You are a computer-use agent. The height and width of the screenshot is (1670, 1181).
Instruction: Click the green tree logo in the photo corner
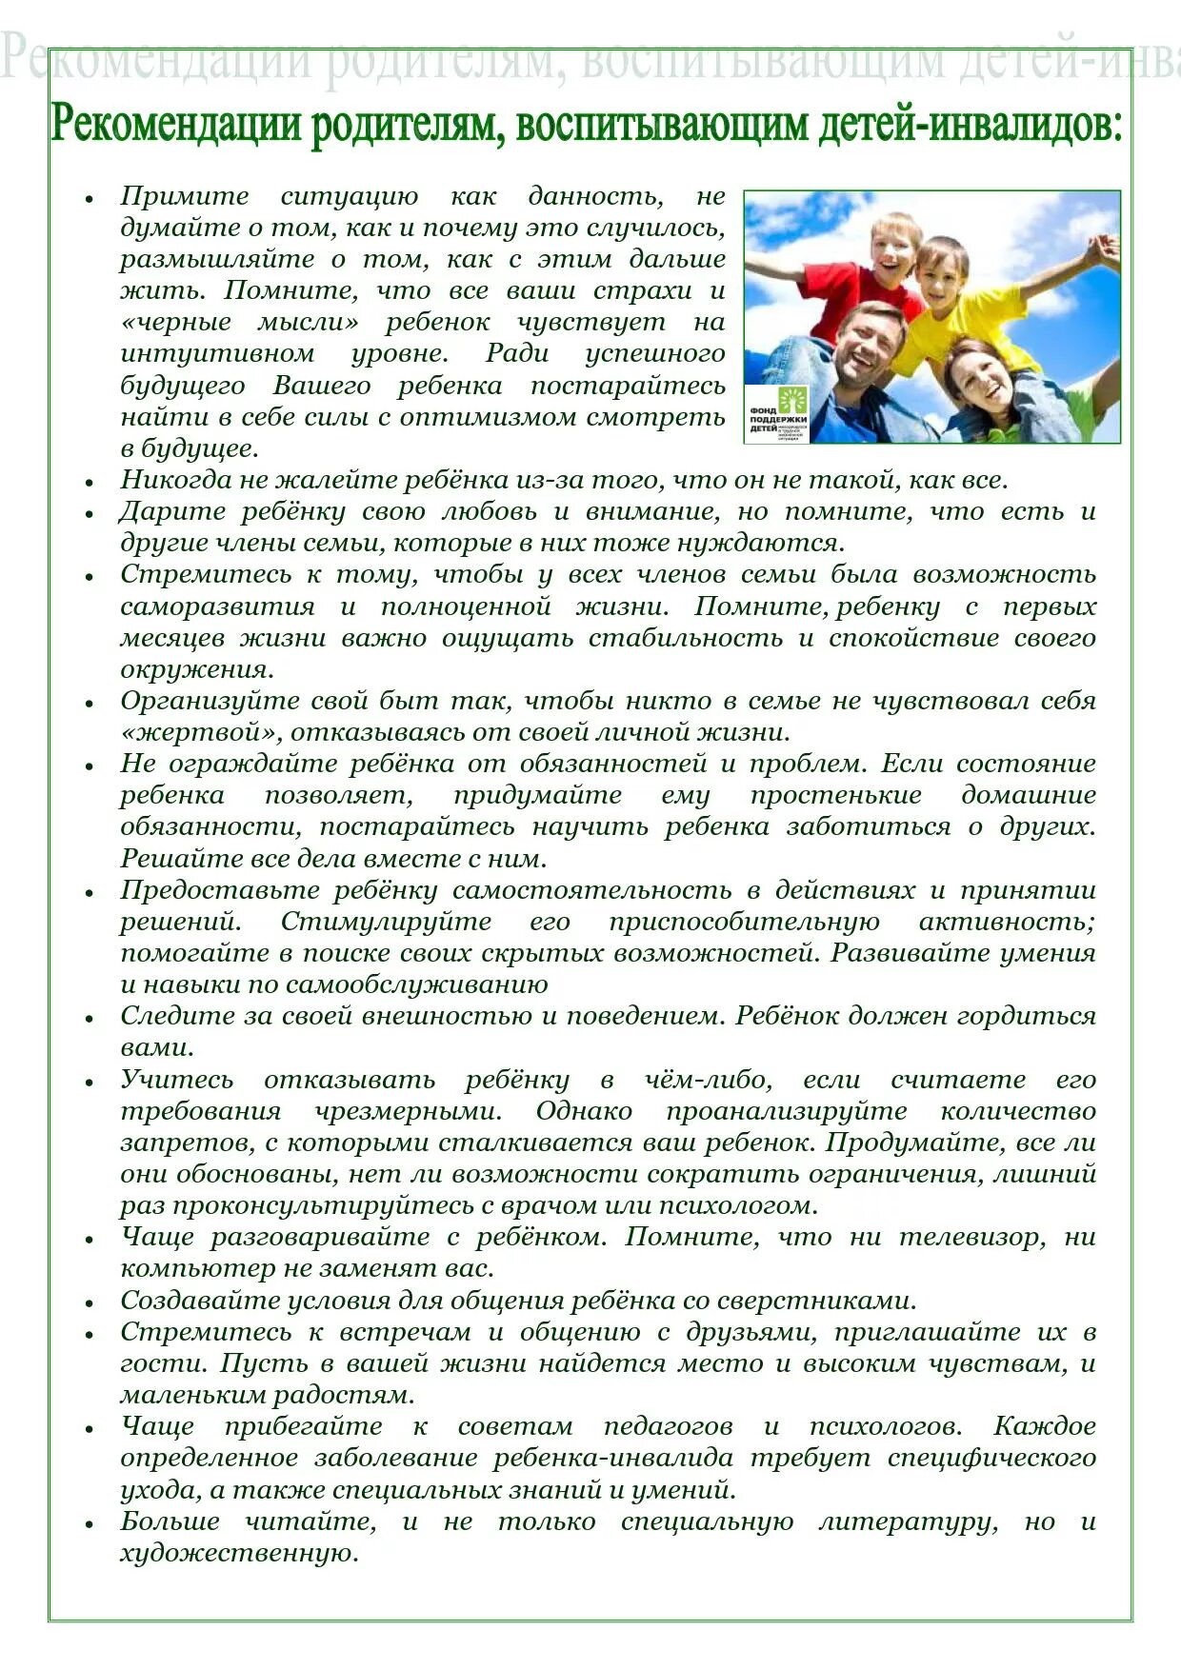point(791,399)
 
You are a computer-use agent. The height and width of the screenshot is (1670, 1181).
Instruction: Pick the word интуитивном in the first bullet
point(217,354)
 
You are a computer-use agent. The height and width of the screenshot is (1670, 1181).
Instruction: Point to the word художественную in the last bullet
point(238,1553)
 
